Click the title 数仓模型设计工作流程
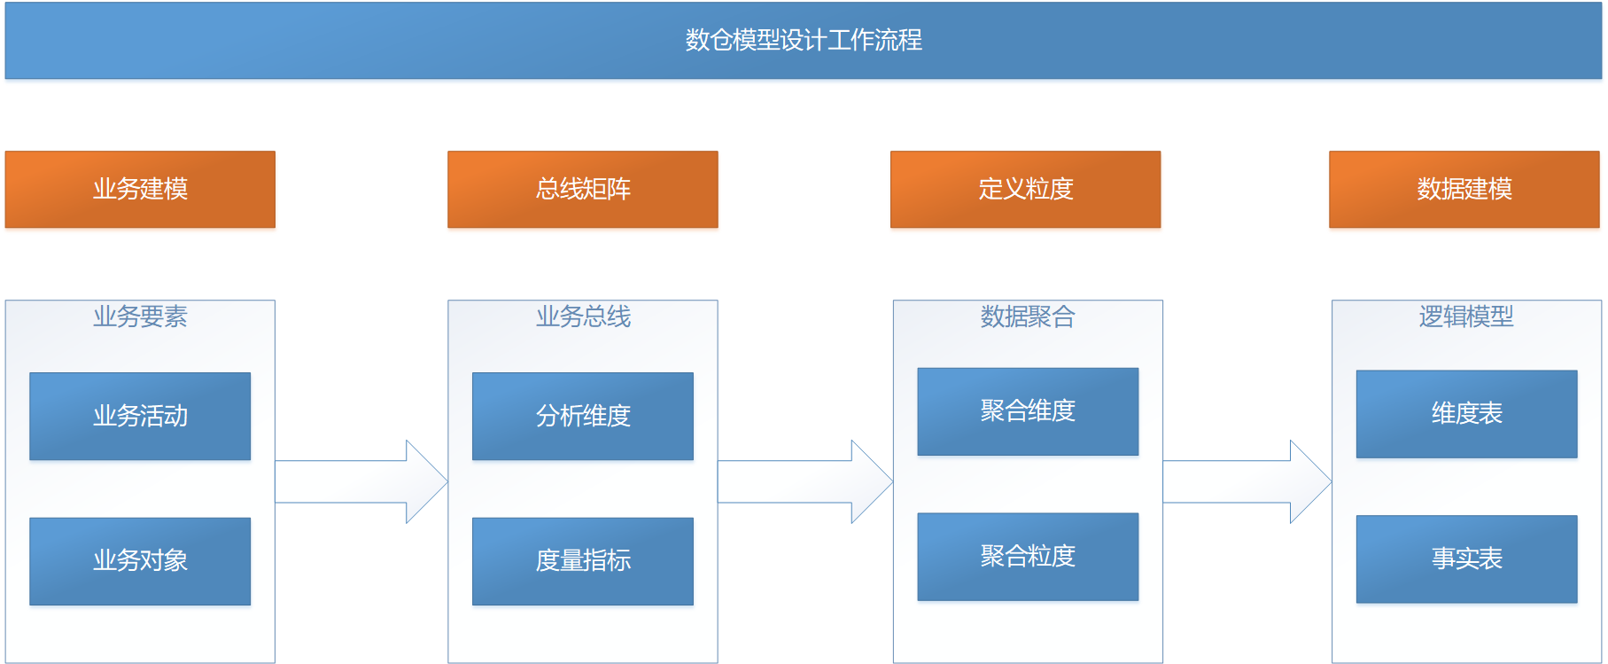(803, 40)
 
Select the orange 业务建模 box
(140, 189)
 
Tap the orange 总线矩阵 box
(583, 189)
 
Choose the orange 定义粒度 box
(1025, 189)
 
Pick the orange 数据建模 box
(1464, 189)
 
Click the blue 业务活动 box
(140, 416)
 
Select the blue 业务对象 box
(140, 561)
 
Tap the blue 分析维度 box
(583, 416)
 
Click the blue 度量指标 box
(583, 561)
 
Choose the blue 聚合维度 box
(1028, 411)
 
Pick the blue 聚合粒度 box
(1028, 557)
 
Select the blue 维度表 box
(1466, 414)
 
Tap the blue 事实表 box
(1466, 559)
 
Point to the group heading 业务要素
(140, 316)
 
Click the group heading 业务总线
(583, 316)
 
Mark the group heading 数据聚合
(1028, 316)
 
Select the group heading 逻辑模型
(1466, 316)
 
